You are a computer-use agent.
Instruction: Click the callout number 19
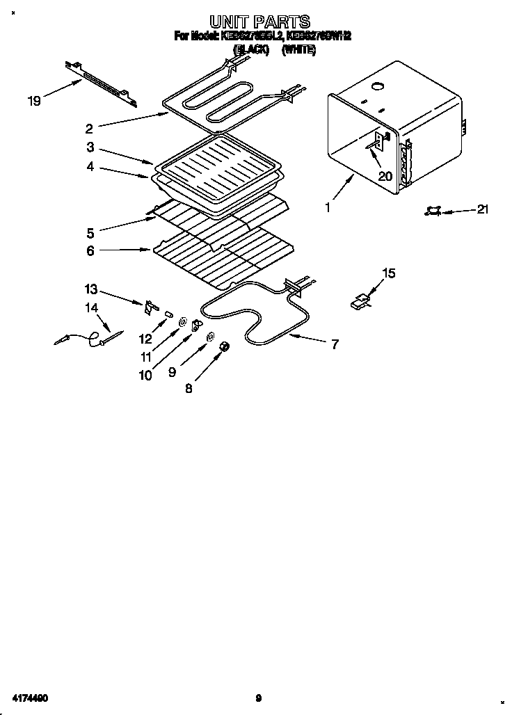tap(34, 102)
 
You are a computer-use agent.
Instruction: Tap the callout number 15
tap(389, 273)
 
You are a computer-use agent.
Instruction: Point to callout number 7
tap(335, 344)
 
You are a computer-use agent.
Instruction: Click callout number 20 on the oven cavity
tap(385, 176)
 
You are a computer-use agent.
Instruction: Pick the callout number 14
tap(91, 307)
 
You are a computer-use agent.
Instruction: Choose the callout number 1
tap(328, 207)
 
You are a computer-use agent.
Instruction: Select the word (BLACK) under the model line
tap(251, 50)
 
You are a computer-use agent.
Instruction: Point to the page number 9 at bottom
tap(258, 698)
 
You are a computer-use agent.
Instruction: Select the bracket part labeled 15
tap(361, 300)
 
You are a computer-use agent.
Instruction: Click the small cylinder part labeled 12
tap(168, 315)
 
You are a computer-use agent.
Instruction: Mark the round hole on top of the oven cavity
tap(378, 87)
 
